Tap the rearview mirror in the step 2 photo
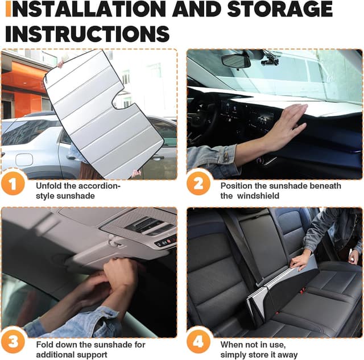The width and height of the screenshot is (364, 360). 237,60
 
